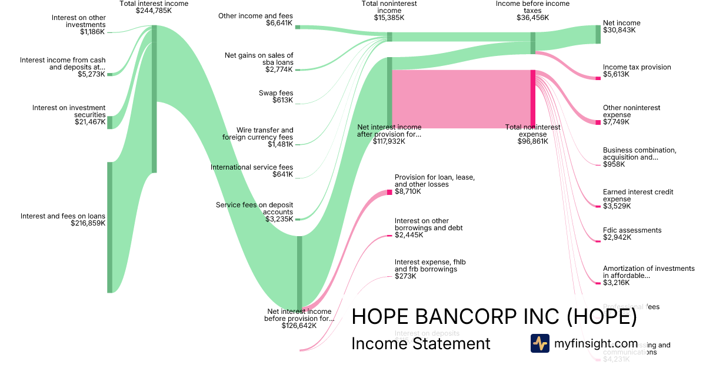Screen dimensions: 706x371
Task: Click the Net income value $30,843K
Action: (x=619, y=30)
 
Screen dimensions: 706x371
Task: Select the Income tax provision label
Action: (x=637, y=67)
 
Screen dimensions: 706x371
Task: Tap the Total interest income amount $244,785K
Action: (x=154, y=11)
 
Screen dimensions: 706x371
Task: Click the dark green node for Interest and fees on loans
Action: (x=109, y=227)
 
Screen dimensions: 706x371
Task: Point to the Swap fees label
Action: (x=276, y=93)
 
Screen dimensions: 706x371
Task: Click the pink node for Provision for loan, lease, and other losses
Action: (x=389, y=192)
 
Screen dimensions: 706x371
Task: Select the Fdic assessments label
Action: (x=632, y=230)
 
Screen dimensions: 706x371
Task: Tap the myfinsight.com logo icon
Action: (x=540, y=343)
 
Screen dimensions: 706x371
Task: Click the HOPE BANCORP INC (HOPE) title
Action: (x=494, y=317)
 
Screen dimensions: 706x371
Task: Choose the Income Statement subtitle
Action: (x=421, y=343)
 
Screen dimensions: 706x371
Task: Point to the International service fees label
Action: (x=252, y=167)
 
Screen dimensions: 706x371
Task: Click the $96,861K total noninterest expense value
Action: (x=532, y=141)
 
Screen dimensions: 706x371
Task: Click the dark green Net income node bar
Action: (x=598, y=34)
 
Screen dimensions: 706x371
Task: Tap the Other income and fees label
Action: (x=255, y=16)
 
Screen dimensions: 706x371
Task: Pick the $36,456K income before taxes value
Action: (x=532, y=18)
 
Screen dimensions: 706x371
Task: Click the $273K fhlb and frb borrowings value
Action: (x=406, y=276)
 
